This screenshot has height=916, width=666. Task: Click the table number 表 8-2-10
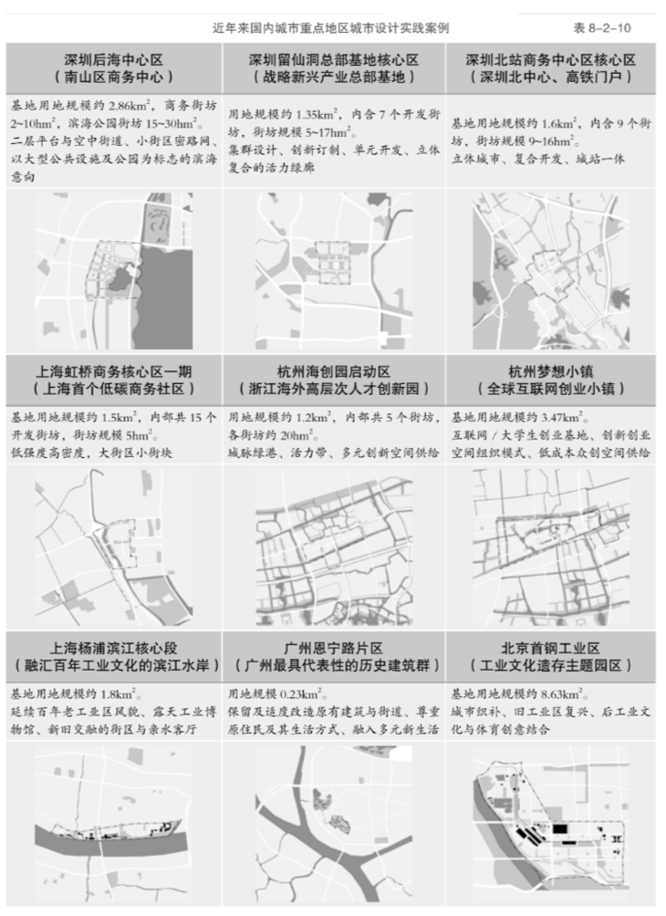click(x=602, y=27)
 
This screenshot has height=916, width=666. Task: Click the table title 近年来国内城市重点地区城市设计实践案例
click(x=330, y=27)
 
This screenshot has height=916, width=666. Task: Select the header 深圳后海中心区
click(x=114, y=59)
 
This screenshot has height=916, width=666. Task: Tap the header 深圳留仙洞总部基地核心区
click(x=334, y=59)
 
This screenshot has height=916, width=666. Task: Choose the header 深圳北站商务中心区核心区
click(x=550, y=59)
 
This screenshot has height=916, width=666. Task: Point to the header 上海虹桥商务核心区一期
click(x=114, y=371)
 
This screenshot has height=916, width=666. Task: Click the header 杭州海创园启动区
click(x=334, y=371)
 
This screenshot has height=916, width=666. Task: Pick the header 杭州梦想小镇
click(x=550, y=371)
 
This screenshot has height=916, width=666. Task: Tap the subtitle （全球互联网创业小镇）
click(x=550, y=389)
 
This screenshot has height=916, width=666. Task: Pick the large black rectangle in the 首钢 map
click(x=559, y=828)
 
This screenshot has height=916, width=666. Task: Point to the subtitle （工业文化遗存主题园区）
click(x=550, y=665)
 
